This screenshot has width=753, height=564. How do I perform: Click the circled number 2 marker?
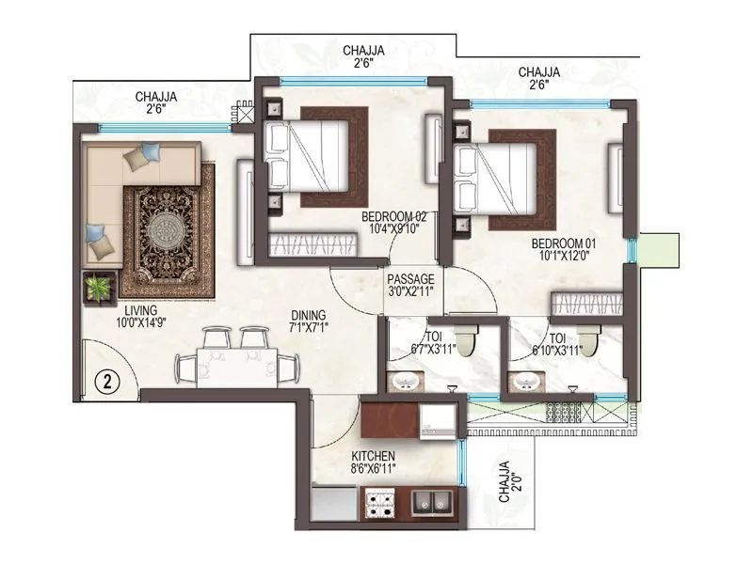[108, 382]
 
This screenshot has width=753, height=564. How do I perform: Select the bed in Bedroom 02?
[312, 157]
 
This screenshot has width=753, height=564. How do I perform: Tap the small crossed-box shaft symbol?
[247, 116]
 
